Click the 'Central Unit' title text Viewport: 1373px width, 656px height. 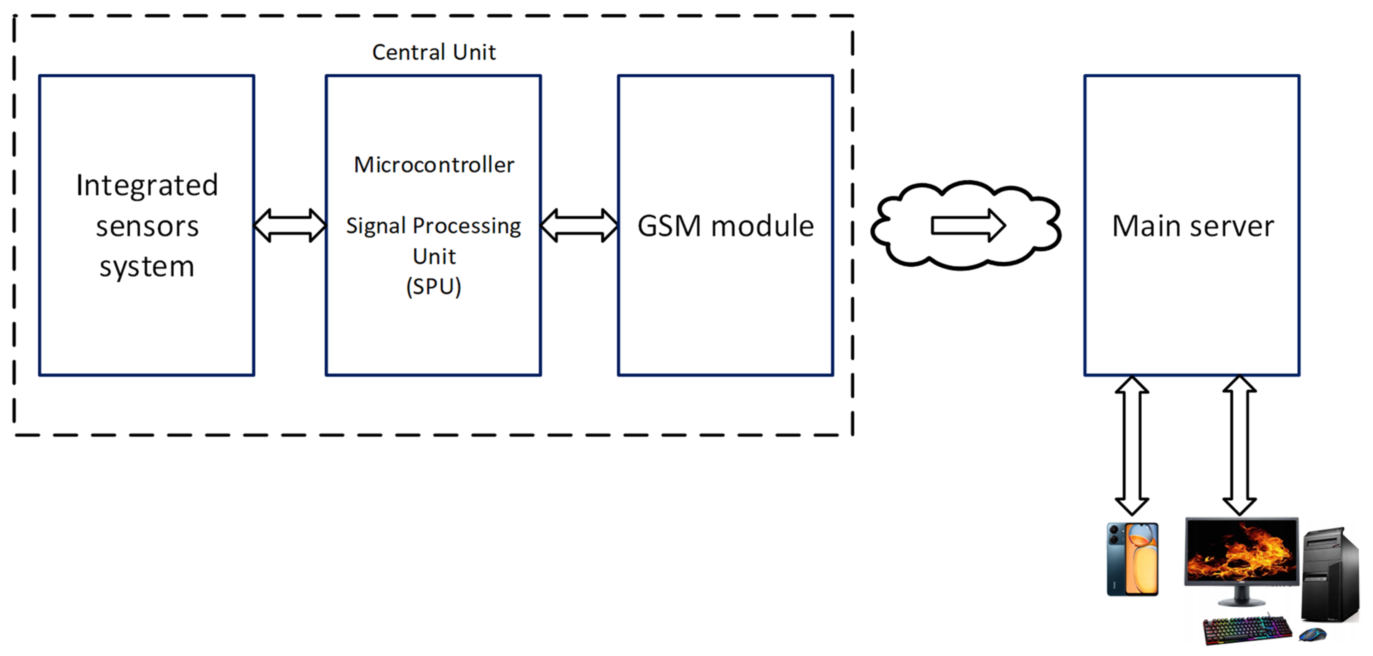(433, 53)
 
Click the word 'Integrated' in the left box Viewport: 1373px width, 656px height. (147, 185)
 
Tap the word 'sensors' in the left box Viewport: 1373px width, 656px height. (147, 226)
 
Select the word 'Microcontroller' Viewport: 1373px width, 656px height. (434, 165)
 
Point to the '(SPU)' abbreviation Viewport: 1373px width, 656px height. (433, 286)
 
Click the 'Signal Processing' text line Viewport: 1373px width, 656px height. (433, 226)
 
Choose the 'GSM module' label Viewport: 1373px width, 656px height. (725, 226)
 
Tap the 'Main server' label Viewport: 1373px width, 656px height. (1192, 226)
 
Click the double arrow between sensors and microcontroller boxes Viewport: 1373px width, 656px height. (290, 225)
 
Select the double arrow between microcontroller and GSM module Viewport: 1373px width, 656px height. (579, 225)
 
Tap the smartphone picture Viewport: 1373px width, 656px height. (1132, 559)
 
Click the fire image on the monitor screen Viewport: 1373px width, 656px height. (1241, 551)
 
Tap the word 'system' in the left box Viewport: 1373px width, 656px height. (147, 266)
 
